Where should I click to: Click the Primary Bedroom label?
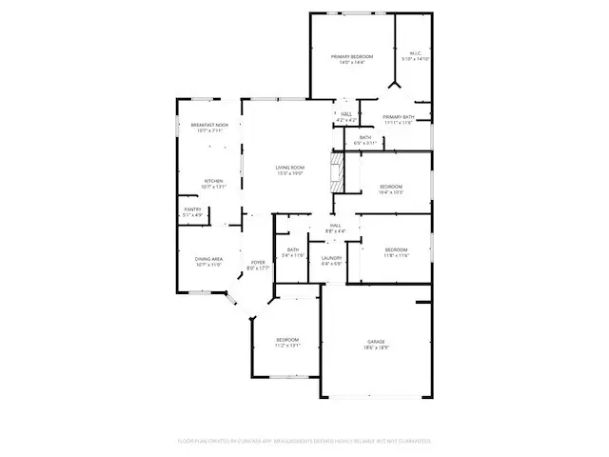[x=352, y=57]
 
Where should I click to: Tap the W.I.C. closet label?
[x=414, y=53]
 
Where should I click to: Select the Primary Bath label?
[x=398, y=116]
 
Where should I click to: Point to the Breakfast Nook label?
[x=209, y=125]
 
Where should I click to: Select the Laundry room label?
[x=331, y=258]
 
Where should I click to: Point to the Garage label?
[x=377, y=342]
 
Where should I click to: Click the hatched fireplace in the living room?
[x=336, y=174]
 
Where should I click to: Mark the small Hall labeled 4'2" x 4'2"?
[x=346, y=114]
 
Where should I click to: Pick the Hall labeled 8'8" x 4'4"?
[x=335, y=226]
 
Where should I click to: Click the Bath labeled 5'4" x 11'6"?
[x=293, y=250]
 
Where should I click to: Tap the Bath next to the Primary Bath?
[x=365, y=137]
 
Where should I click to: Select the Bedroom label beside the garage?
[x=287, y=340]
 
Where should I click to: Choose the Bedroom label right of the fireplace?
[x=391, y=186]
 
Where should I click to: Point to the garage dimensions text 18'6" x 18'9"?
[x=377, y=348]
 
